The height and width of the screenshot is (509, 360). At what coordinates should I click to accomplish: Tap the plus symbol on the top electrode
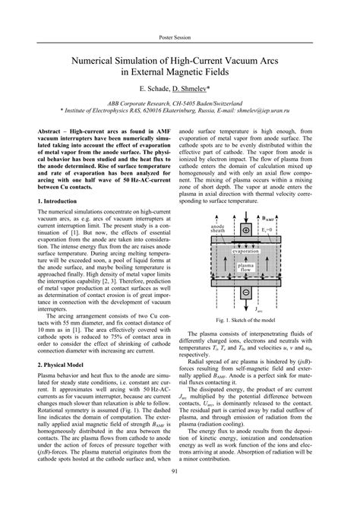[x=245, y=229]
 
